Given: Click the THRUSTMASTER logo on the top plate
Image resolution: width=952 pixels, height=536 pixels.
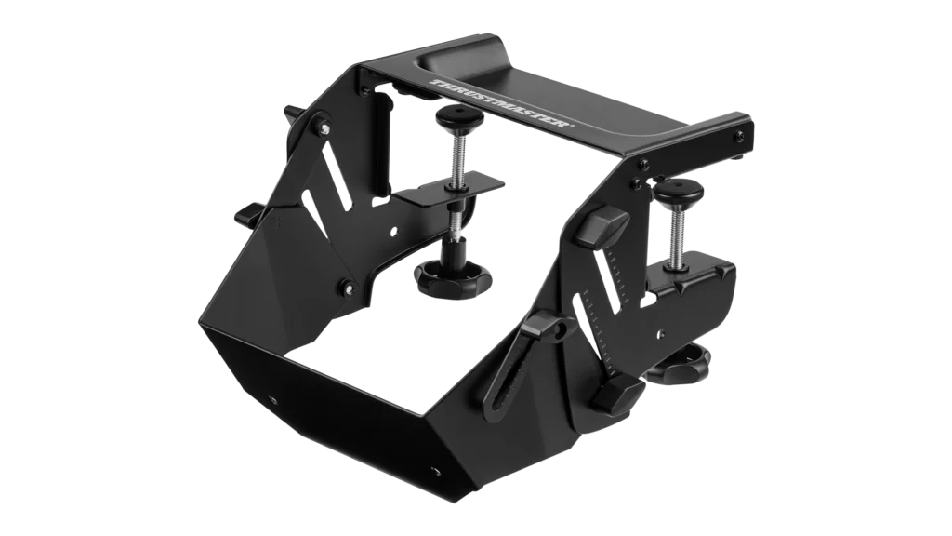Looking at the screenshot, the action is point(501,102).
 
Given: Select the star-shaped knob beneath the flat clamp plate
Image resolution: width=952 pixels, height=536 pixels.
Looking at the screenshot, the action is point(454,275).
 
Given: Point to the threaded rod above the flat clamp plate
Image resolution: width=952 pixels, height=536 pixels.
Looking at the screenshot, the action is point(456,148).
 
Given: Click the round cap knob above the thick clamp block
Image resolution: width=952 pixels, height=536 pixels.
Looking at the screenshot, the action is point(678,192).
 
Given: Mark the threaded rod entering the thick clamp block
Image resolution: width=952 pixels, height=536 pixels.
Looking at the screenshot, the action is point(678,234).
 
